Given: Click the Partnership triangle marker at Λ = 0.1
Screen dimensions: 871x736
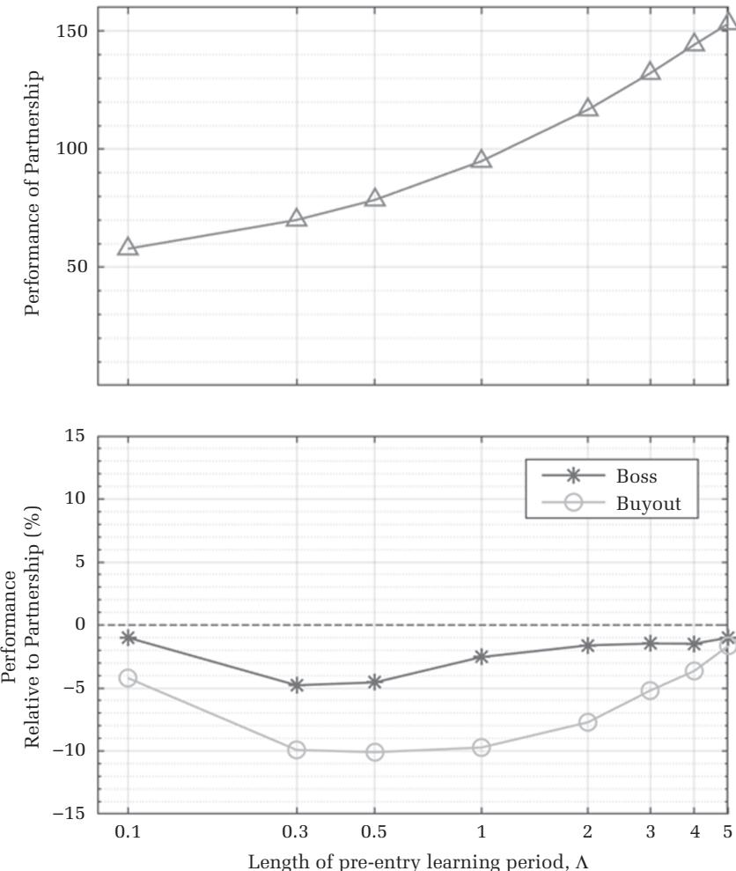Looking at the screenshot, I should tap(129, 247).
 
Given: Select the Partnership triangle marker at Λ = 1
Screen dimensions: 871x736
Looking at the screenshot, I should tap(481, 159).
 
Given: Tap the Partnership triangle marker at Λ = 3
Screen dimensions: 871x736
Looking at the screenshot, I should tap(651, 71).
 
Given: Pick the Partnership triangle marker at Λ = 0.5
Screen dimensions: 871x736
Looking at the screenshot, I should tap(375, 198).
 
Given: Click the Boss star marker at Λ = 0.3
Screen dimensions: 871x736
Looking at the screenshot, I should tap(297, 684).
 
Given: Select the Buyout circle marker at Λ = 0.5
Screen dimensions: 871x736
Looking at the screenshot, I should tap(375, 752).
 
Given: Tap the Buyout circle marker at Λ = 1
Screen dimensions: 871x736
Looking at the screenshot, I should tap(481, 747).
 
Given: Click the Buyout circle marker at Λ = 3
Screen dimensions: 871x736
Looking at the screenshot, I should tap(651, 690).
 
